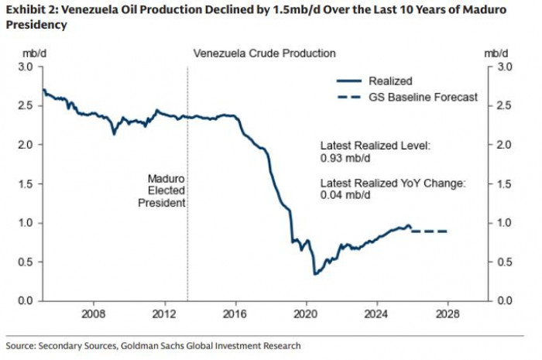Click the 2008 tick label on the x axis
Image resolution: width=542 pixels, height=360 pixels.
93,314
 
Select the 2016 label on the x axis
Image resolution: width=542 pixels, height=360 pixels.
235,314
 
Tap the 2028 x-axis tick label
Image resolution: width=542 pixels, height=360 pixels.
448,314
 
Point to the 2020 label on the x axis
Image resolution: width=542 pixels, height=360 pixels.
306,314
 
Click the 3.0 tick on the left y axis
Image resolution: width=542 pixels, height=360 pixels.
26,67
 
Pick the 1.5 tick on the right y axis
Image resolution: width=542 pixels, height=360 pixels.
506,183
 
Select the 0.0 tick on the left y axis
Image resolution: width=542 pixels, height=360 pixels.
26,300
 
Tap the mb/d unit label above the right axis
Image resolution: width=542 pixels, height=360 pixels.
496,53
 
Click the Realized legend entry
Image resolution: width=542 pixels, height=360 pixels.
390,81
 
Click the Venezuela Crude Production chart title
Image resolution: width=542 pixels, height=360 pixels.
263,53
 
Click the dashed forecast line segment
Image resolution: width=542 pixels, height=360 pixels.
429,231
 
